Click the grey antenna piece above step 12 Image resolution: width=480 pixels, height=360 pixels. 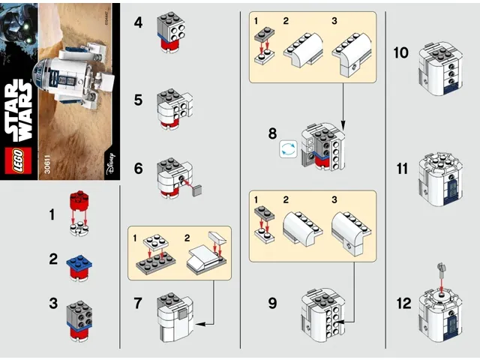tap(442, 265)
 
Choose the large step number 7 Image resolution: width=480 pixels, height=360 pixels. tap(137, 304)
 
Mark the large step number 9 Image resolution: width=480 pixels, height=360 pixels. tap(273, 304)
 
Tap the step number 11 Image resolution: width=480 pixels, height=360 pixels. tap(401, 167)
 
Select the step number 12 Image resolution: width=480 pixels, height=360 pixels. tap(403, 304)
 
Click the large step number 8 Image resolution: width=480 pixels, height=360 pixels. tap(273, 134)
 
